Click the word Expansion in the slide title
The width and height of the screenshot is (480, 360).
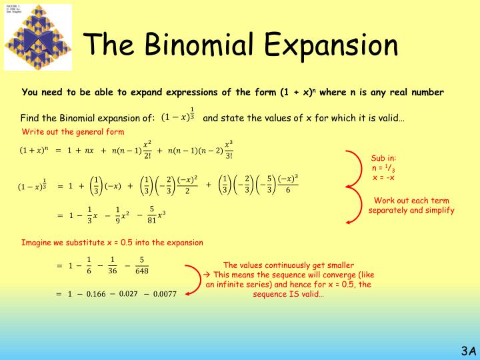coord(329,45)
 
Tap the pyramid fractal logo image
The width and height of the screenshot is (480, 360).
coord(38,38)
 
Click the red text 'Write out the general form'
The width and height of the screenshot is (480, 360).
coord(73,131)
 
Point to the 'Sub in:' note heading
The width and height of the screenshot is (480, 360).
coord(383,159)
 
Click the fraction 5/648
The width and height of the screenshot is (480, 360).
coord(141,265)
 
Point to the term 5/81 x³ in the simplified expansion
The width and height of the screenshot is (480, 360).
coord(155,215)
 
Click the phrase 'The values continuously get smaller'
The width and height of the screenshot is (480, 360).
coord(289,265)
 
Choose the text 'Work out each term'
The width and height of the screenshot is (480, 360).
coord(411,201)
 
